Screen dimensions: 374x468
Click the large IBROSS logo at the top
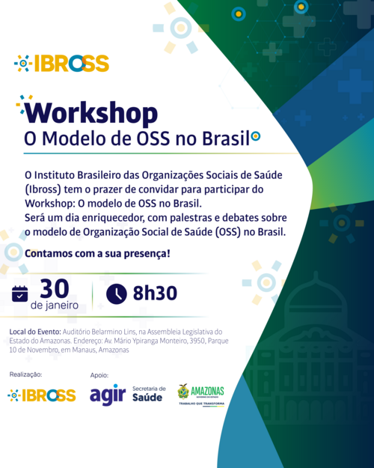pyautogui.click(x=62, y=64)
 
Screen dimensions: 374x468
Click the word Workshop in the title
pyautogui.click(x=91, y=113)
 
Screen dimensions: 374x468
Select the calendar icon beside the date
pyautogui.click(x=20, y=294)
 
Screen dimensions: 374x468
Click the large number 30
pyautogui.click(x=55, y=288)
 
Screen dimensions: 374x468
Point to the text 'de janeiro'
pyautogui.click(x=55, y=306)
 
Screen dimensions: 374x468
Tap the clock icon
pyautogui.click(x=117, y=294)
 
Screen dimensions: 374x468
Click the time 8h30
pyautogui.click(x=155, y=293)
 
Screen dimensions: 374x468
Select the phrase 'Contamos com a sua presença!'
pyautogui.click(x=97, y=254)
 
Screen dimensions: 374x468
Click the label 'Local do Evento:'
pyautogui.click(x=35, y=332)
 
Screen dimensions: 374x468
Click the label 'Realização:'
pyautogui.click(x=25, y=374)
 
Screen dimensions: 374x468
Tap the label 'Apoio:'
pyautogui.click(x=99, y=375)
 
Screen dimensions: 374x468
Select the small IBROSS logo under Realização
pyautogui.click(x=42, y=395)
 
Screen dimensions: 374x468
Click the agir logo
pyautogui.click(x=108, y=395)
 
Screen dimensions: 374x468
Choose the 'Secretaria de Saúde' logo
pyautogui.click(x=149, y=394)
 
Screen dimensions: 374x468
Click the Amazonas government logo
pyautogui.click(x=201, y=395)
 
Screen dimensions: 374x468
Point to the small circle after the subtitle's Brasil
pyautogui.click(x=256, y=136)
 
